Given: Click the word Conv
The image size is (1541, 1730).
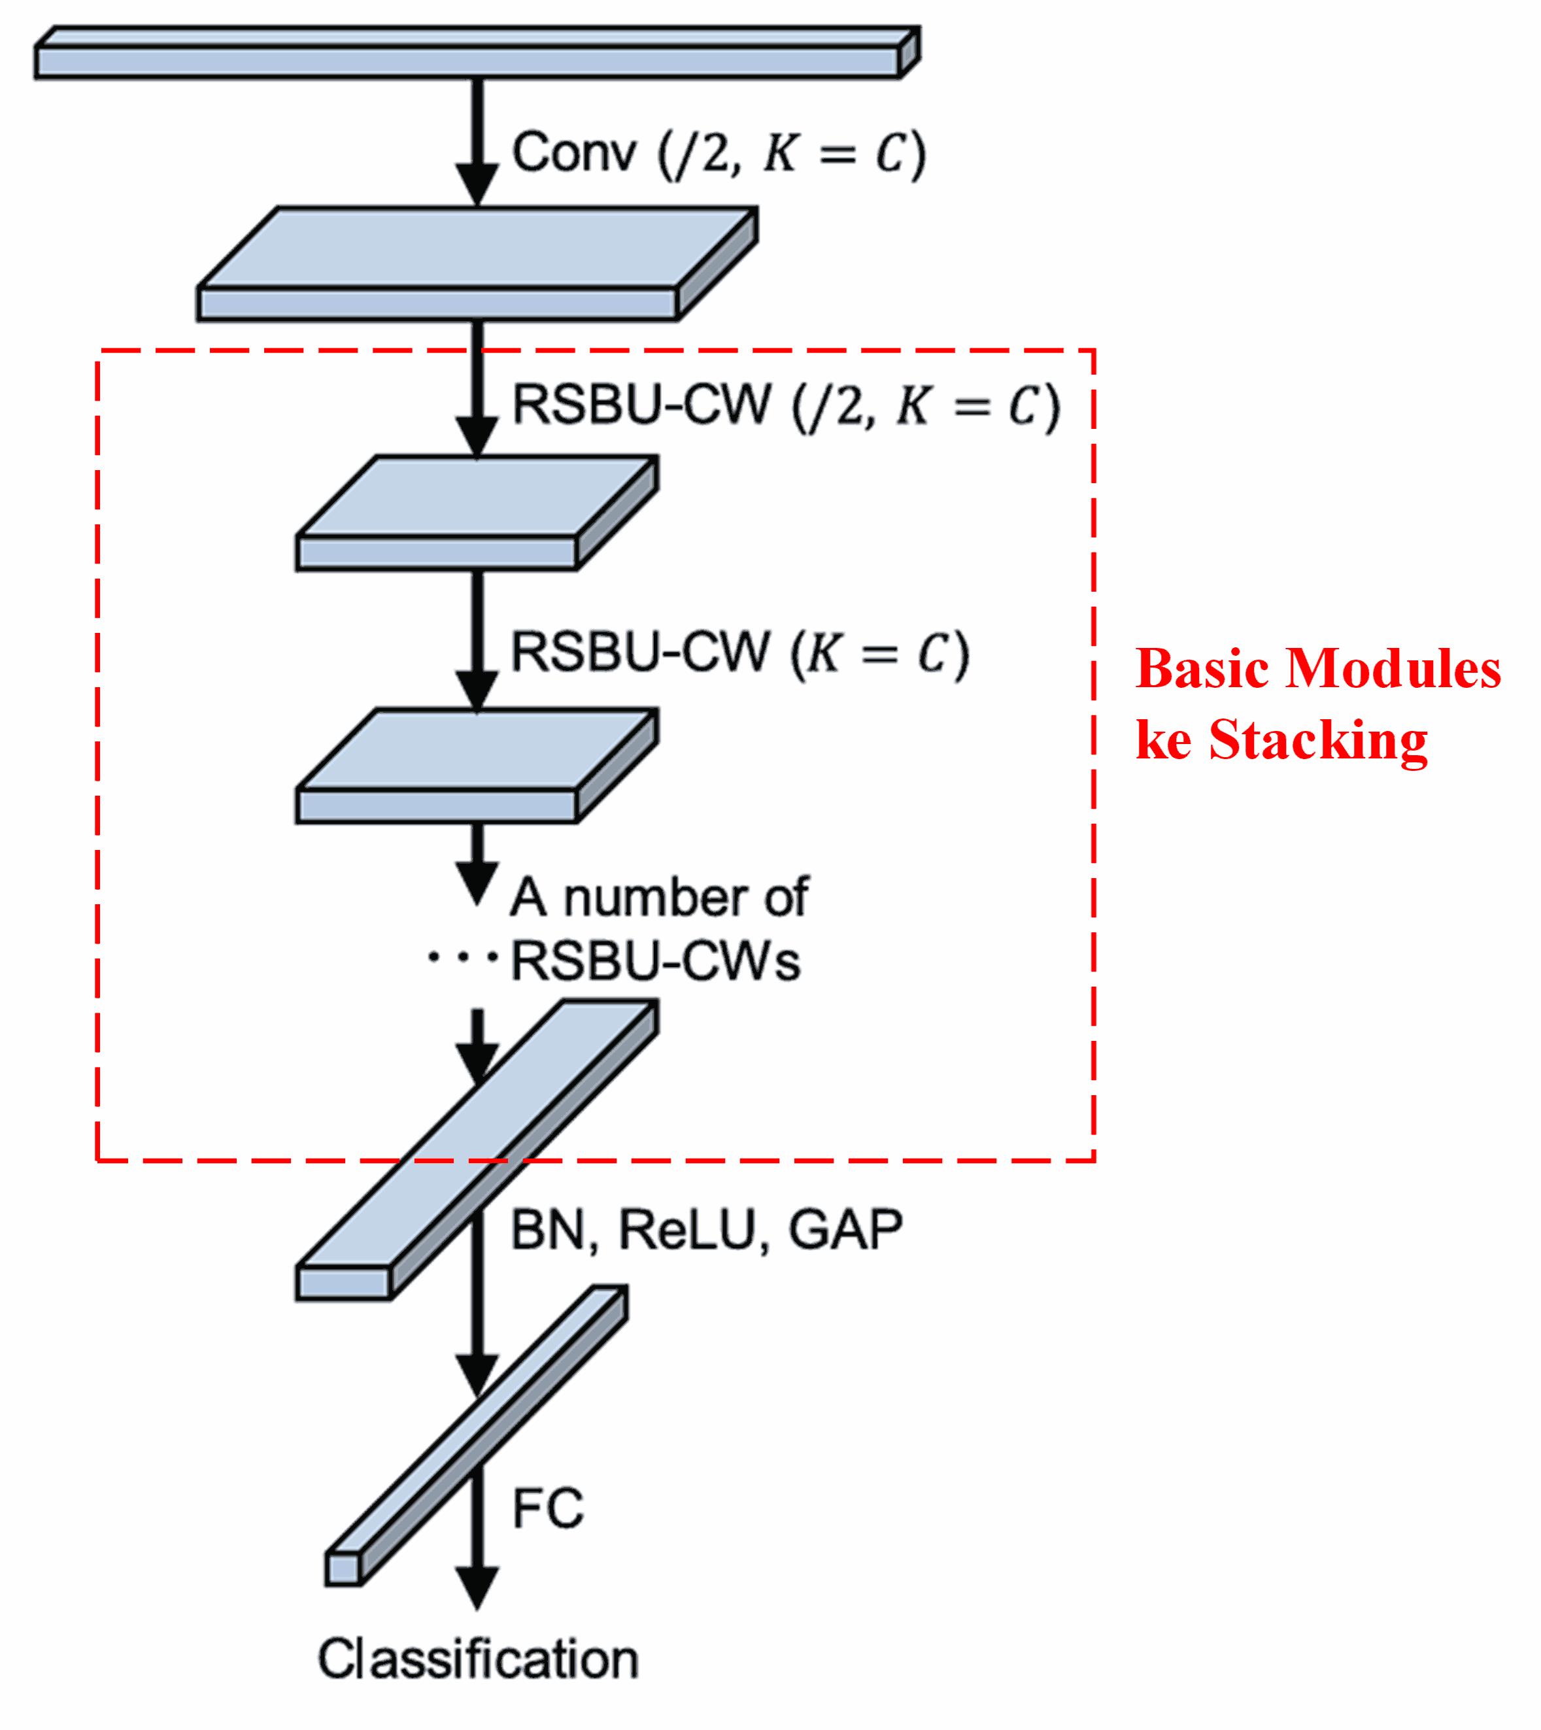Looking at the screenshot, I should click(573, 153).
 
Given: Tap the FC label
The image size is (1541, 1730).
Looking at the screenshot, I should click(548, 1508).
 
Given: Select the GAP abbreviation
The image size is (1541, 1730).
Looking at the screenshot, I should click(845, 1230).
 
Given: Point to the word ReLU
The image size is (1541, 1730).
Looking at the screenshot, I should click(686, 1230).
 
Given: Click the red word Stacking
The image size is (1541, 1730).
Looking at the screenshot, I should click(1317, 741).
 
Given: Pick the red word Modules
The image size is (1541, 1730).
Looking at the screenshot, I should click(1393, 669).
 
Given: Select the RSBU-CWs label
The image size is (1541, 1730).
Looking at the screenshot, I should click(655, 962).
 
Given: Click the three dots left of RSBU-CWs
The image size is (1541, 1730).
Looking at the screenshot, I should click(462, 958).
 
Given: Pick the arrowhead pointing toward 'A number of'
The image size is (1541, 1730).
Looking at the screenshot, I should click(477, 883).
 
